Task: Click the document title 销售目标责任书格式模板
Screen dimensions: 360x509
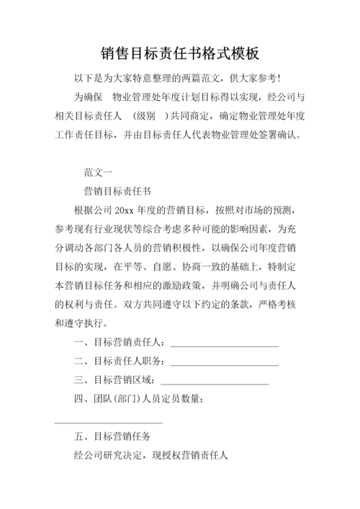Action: click(180, 53)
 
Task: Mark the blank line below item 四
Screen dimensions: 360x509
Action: click(109, 422)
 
